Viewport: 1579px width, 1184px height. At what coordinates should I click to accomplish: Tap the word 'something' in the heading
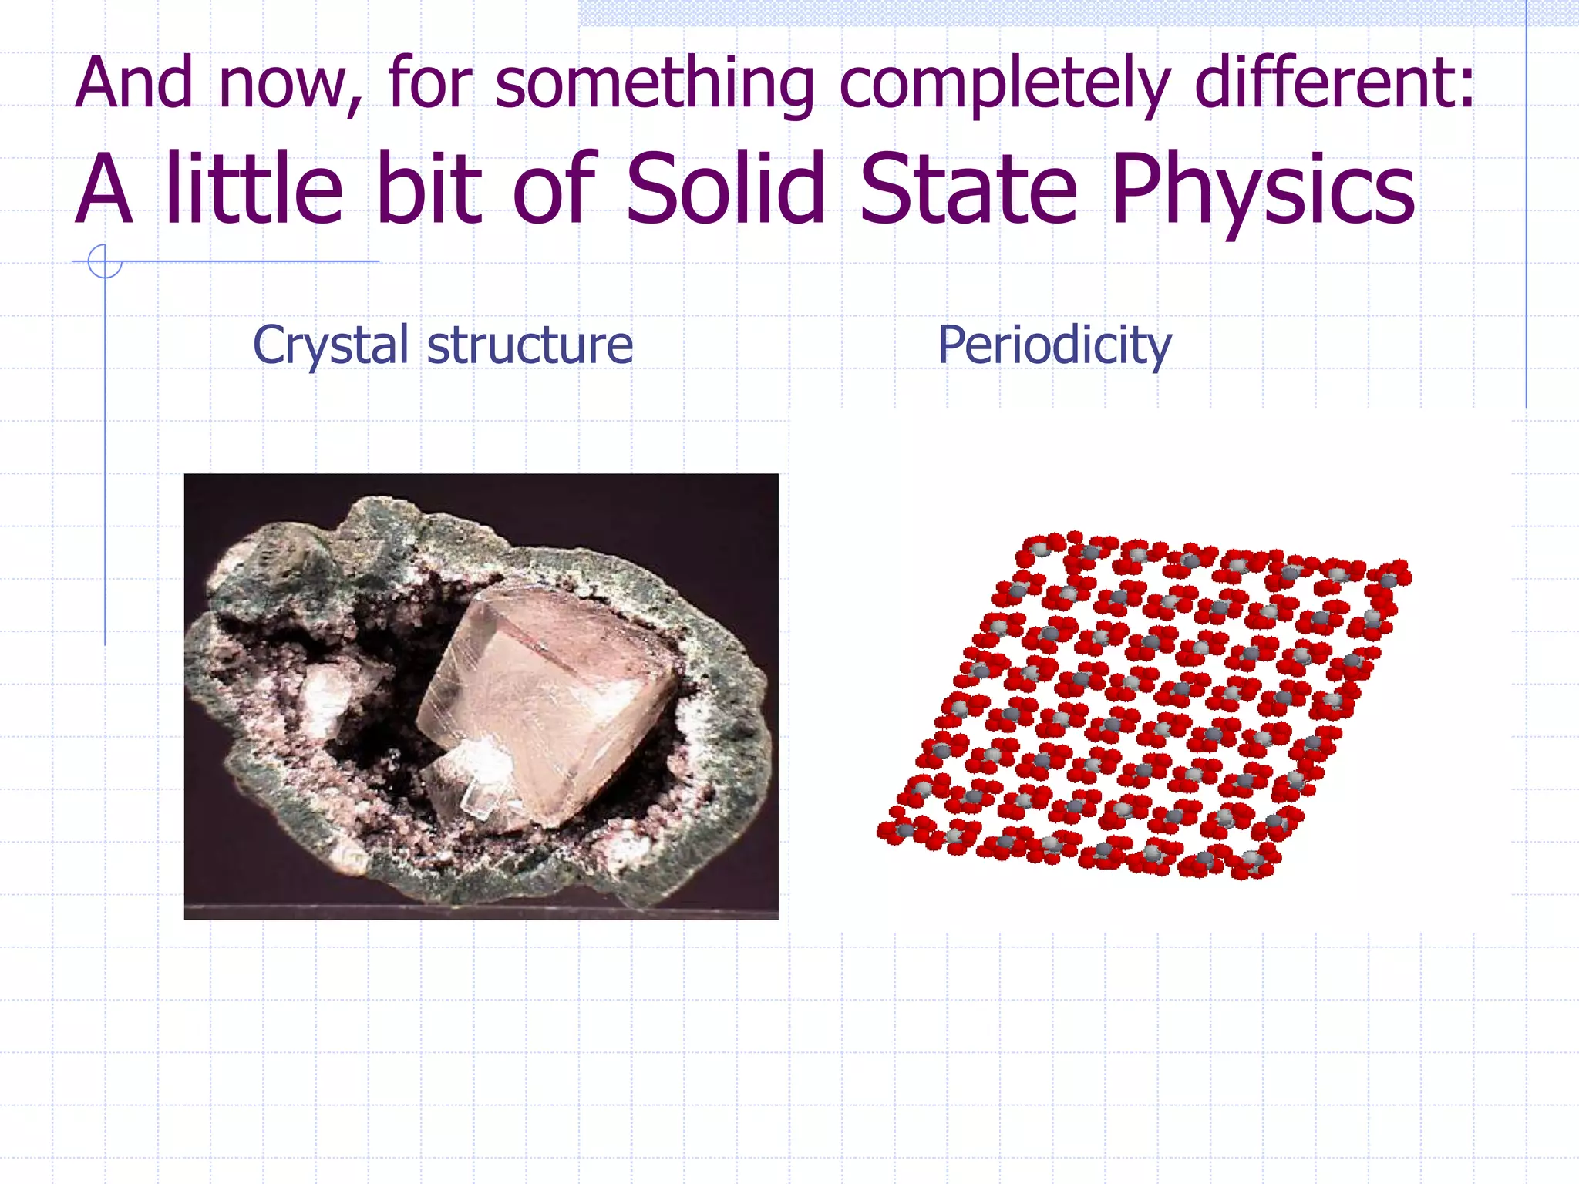point(653,85)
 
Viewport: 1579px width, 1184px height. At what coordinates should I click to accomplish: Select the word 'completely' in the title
point(1003,85)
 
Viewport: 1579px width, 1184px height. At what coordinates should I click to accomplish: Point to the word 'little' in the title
point(254,189)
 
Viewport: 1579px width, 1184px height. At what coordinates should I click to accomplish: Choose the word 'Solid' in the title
point(726,189)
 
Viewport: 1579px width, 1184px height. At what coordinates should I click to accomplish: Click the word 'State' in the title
point(967,189)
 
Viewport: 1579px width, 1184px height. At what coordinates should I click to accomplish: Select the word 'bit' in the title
point(429,189)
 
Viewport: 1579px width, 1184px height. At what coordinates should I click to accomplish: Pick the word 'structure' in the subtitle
point(530,345)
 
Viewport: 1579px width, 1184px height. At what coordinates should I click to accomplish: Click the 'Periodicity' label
point(1054,346)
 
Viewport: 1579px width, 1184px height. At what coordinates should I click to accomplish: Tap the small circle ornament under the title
point(105,261)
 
